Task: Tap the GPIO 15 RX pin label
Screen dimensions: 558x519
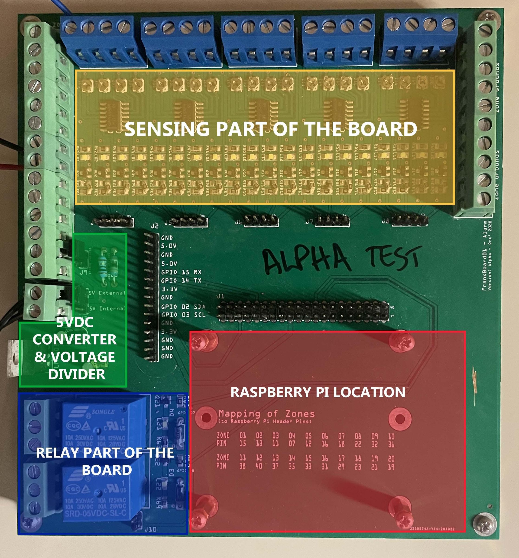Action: [x=181, y=272]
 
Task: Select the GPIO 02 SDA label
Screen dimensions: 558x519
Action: [x=183, y=307]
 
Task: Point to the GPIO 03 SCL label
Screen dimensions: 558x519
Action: [x=183, y=315]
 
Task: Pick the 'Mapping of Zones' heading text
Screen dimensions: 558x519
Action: [x=266, y=413]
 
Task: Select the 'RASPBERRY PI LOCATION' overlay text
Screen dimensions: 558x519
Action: [x=318, y=392]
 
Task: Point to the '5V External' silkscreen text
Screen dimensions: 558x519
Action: [x=107, y=293]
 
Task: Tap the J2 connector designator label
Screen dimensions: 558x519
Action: [x=154, y=226]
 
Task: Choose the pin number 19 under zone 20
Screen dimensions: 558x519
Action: [x=391, y=467]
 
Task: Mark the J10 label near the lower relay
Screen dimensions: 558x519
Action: [x=150, y=529]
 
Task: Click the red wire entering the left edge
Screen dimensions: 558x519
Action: [x=11, y=167]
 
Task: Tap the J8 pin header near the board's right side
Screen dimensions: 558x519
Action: [x=409, y=221]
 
